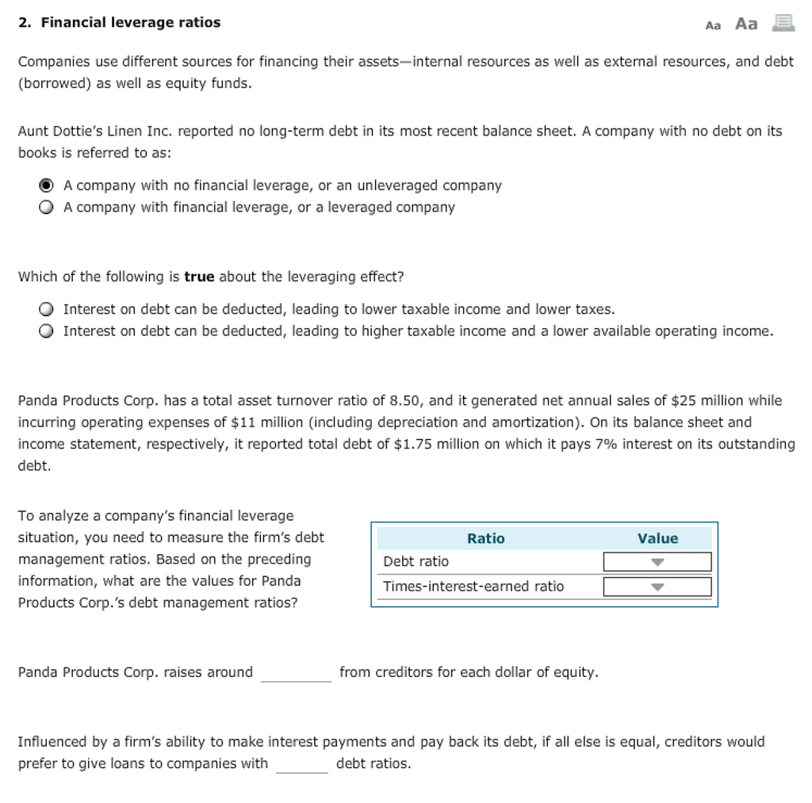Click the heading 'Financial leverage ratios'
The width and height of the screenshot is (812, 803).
(x=130, y=23)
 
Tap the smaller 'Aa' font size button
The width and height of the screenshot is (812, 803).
(x=713, y=25)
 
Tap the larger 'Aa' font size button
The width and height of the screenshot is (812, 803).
(x=746, y=24)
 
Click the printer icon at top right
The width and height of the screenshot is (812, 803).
(x=783, y=24)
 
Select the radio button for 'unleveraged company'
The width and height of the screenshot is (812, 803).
(x=47, y=185)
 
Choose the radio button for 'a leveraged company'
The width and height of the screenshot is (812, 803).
(x=47, y=208)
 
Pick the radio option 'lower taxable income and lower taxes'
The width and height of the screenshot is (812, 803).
(x=47, y=309)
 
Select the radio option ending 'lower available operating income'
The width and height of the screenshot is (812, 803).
(x=47, y=331)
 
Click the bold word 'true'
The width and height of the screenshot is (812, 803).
(x=199, y=277)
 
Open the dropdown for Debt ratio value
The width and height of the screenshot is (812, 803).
(x=657, y=562)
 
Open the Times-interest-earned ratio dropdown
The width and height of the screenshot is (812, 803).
(x=657, y=587)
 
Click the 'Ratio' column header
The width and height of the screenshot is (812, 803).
(x=485, y=538)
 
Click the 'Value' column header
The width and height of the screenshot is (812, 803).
(x=657, y=538)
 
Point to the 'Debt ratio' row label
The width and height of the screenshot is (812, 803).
(x=416, y=562)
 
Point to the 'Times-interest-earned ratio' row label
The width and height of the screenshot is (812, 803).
(x=473, y=587)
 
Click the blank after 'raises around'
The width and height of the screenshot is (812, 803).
(x=296, y=673)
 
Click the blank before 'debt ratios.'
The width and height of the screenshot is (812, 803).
(x=301, y=764)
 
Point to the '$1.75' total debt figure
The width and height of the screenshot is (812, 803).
(x=412, y=444)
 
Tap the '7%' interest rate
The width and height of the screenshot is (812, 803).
(x=605, y=444)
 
